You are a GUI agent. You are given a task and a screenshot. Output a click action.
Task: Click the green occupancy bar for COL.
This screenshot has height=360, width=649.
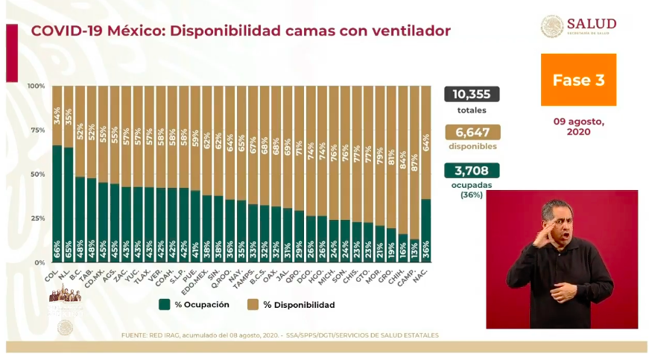[x=57, y=201]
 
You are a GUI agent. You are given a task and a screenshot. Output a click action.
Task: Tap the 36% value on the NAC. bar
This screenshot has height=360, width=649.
[x=425, y=252]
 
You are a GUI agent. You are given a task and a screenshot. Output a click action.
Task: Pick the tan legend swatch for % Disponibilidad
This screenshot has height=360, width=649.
[x=254, y=305]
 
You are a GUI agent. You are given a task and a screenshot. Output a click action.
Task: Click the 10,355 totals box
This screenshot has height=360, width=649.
[x=472, y=94]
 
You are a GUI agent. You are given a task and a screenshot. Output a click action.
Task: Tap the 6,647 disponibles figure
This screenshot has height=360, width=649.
[x=472, y=132]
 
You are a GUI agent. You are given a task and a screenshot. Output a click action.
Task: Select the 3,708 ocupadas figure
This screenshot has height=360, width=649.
[x=472, y=170]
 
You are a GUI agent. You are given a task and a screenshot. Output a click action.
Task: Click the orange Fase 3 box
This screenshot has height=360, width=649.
[x=578, y=80]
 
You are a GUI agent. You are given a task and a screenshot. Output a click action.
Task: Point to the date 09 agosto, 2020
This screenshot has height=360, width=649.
[x=578, y=126]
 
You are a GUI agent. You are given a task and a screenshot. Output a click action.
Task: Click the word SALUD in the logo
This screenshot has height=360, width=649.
[x=592, y=23]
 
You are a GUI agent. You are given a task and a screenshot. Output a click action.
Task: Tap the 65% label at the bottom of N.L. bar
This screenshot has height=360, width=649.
[x=68, y=252]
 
